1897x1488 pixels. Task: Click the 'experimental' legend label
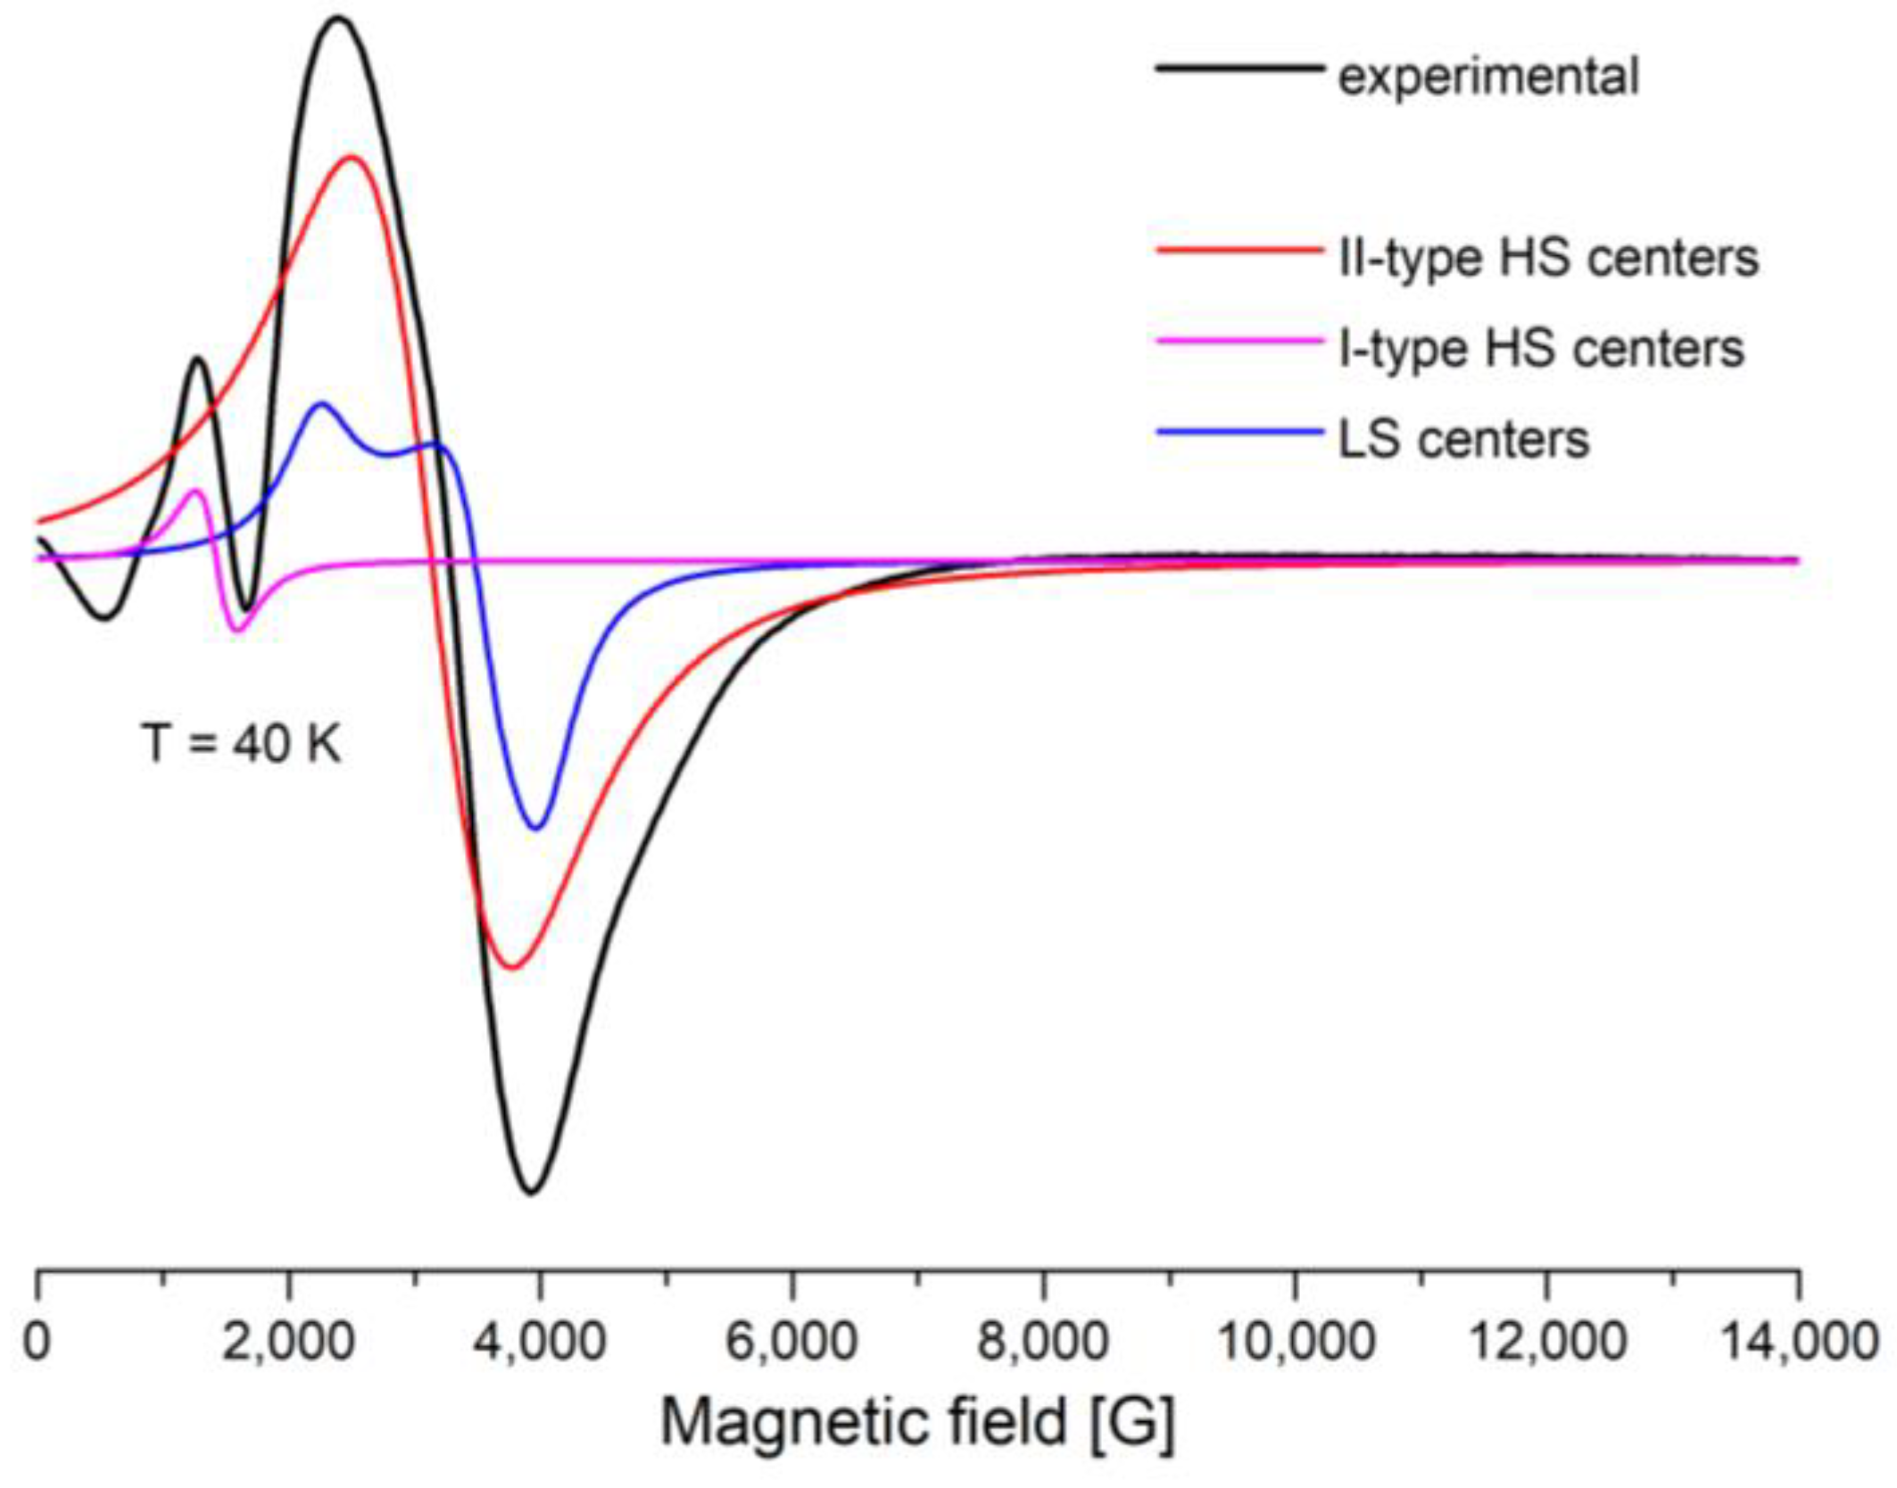pyautogui.click(x=1488, y=77)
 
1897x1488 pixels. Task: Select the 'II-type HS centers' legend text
pyautogui.click(x=1548, y=259)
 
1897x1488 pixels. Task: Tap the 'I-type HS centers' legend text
pyautogui.click(x=1541, y=349)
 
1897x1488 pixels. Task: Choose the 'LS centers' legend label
pyautogui.click(x=1463, y=440)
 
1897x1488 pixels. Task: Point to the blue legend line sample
pyautogui.click(x=1239, y=433)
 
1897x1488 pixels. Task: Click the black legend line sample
pyautogui.click(x=1239, y=68)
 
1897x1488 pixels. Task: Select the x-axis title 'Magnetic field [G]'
pyautogui.click(x=917, y=1420)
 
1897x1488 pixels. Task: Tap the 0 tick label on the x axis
pyautogui.click(x=37, y=1340)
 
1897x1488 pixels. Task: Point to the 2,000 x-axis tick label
pyautogui.click(x=288, y=1340)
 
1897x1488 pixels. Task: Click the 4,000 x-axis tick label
pyautogui.click(x=539, y=1340)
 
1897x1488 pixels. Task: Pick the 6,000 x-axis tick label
pyautogui.click(x=791, y=1340)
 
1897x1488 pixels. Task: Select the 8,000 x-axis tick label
pyautogui.click(x=1043, y=1340)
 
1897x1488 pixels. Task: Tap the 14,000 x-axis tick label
pyautogui.click(x=1798, y=1340)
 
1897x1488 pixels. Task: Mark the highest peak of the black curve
pyautogui.click(x=339, y=18)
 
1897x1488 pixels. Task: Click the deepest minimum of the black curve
pyautogui.click(x=532, y=1192)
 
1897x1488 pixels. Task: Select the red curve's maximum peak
pyautogui.click(x=353, y=157)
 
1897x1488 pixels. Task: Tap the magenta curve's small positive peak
pyautogui.click(x=197, y=491)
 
